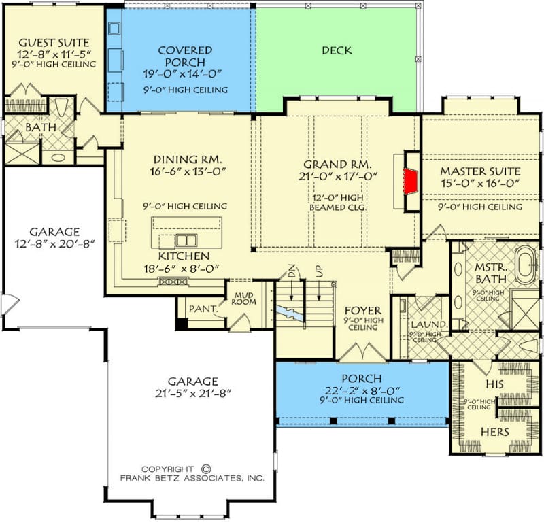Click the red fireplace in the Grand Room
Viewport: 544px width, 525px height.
(410, 181)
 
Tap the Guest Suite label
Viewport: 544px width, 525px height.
(54, 43)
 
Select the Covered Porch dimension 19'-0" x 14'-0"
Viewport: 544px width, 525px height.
(182, 74)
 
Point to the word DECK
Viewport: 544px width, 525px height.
(337, 50)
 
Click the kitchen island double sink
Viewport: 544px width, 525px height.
(186, 240)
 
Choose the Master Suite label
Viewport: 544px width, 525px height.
(480, 171)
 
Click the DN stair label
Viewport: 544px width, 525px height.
(292, 270)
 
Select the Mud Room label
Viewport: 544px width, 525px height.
(244, 299)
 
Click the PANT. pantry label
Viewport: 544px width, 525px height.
(203, 309)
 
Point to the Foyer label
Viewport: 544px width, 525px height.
(362, 310)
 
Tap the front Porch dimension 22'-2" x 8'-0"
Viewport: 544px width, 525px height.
(362, 391)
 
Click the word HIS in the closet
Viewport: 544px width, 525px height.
(495, 384)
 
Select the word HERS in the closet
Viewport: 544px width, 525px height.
(495, 432)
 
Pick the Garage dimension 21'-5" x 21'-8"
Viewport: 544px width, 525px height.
(193, 394)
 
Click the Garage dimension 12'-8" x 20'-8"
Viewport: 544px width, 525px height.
(54, 243)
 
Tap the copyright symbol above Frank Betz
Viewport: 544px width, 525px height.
(206, 469)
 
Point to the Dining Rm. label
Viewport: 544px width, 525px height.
(188, 160)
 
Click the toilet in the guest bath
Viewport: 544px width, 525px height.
(61, 107)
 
